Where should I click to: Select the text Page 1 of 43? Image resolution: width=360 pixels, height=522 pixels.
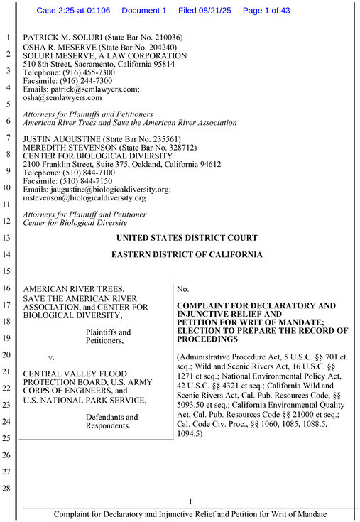pyautogui.click(x=271, y=11)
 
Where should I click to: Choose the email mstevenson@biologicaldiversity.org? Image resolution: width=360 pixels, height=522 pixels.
pyautogui.click(x=84, y=198)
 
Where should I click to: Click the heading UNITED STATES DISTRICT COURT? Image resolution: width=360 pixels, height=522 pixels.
pyautogui.click(x=187, y=238)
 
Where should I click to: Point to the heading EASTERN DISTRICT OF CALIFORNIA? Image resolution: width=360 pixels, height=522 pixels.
pyautogui.click(x=187, y=255)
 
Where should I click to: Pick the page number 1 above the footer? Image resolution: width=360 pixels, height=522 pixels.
pyautogui.click(x=190, y=502)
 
